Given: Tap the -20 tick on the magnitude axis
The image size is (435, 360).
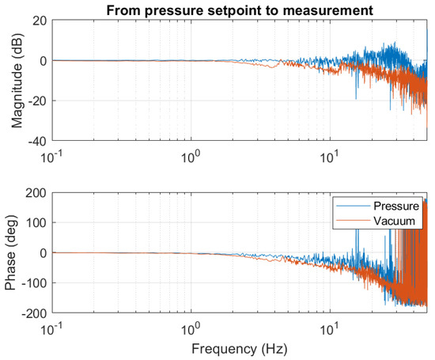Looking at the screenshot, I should click(36, 101).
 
